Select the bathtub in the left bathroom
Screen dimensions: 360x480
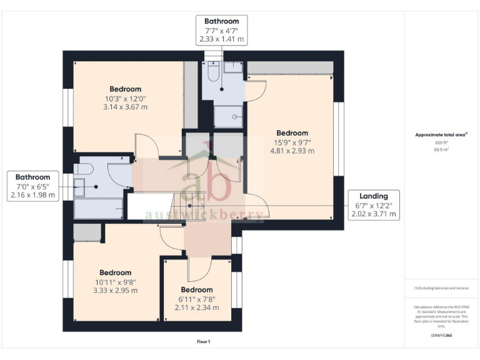click(99, 209)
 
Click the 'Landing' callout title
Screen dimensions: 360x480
click(373, 196)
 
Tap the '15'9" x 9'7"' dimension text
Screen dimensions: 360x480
click(292, 142)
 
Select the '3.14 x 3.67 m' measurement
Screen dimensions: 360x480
click(125, 107)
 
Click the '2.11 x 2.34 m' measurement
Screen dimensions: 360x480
click(197, 307)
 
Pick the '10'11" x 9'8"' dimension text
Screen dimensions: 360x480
click(115, 281)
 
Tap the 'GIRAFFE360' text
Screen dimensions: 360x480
click(441, 336)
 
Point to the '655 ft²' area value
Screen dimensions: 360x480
click(442, 142)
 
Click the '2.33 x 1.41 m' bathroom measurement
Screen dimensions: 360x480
click(221, 39)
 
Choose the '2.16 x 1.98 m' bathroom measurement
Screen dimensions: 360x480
click(32, 195)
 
